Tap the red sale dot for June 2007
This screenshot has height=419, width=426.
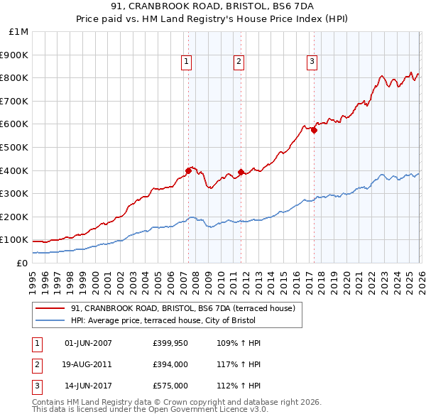tap(188, 170)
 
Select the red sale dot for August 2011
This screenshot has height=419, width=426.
tap(241, 171)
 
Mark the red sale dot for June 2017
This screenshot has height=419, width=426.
tap(314, 129)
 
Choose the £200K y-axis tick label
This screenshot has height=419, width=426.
tap(14, 217)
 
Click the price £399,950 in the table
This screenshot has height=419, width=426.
tap(170, 343)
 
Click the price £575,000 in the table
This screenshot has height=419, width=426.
tap(170, 387)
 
